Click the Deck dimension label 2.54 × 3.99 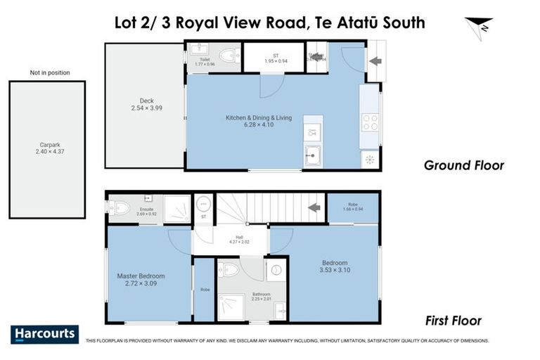146,108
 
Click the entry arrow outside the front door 375,60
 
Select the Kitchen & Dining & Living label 258,117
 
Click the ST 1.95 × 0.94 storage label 276,58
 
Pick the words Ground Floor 463,166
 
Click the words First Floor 454,321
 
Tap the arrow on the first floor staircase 315,207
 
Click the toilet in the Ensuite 120,207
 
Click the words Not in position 49,72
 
